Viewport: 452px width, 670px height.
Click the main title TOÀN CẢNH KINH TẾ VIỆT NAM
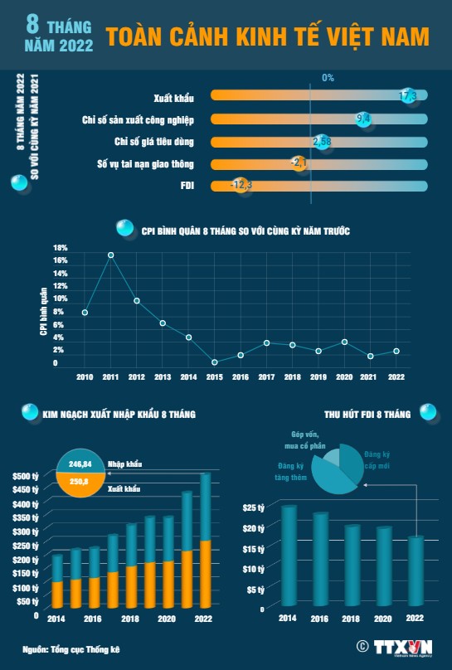coord(267,36)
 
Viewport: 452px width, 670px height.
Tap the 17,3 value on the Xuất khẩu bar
coord(408,96)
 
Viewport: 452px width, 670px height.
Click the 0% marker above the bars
coord(328,77)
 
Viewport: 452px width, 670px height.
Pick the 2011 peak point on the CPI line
coord(110,255)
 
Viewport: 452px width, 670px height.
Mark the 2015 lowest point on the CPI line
coord(214,362)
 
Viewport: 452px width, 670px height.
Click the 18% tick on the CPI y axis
coord(60,248)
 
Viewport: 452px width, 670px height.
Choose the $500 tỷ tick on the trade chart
coord(26,476)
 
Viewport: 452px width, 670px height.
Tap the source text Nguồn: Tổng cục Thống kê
coord(70,648)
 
